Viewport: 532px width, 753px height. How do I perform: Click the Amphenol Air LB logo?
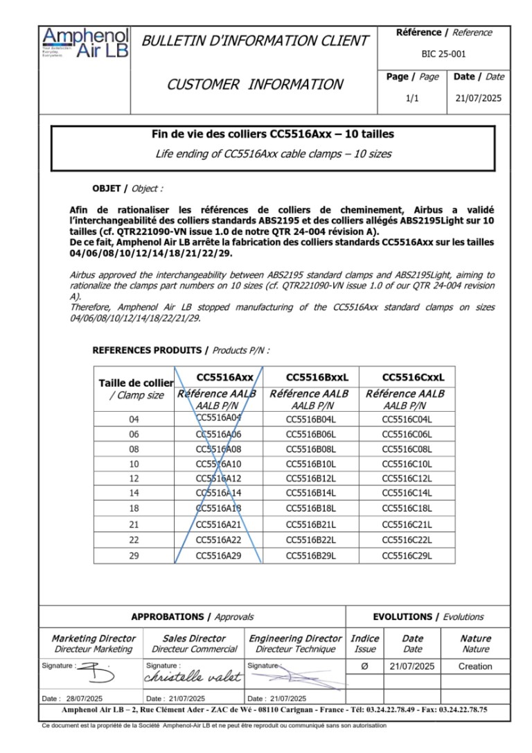pos(85,43)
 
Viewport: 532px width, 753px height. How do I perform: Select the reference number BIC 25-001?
pos(443,53)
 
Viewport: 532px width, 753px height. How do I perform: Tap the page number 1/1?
pos(411,99)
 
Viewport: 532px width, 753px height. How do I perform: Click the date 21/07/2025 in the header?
pos(479,99)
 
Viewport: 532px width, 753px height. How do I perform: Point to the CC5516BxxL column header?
pos(317,377)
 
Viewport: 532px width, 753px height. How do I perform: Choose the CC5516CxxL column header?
pos(414,377)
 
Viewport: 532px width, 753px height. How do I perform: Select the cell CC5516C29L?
pos(407,555)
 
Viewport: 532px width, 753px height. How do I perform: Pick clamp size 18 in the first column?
pos(134,509)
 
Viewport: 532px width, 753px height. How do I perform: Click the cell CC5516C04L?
pos(407,419)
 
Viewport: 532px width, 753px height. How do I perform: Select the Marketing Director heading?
pos(94,638)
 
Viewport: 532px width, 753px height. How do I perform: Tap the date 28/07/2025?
pos(82,698)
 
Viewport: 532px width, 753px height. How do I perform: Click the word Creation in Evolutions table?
pos(475,666)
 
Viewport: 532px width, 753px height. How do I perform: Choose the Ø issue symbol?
pos(365,666)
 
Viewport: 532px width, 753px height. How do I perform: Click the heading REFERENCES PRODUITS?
pos(148,349)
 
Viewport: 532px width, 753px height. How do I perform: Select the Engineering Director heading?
pos(295,638)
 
